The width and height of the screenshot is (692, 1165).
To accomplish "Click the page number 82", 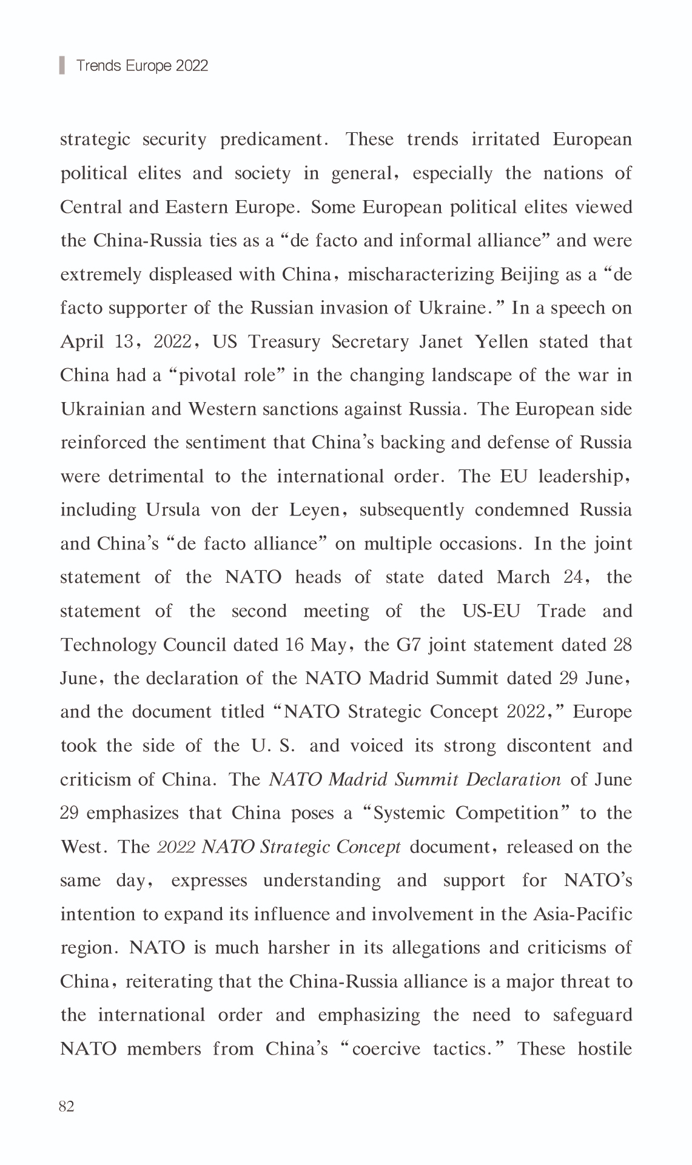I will point(67,1106).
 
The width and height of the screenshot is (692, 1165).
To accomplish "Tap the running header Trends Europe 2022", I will point(142,65).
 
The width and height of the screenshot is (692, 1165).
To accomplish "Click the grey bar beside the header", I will point(62,65).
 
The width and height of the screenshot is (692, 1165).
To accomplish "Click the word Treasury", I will point(284,341).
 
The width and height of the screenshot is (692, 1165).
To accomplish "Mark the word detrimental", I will point(156,476).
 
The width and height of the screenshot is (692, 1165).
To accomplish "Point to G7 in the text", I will point(408,644).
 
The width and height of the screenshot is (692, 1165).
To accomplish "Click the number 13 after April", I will point(124,341).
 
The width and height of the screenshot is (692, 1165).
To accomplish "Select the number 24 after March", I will point(573,577).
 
